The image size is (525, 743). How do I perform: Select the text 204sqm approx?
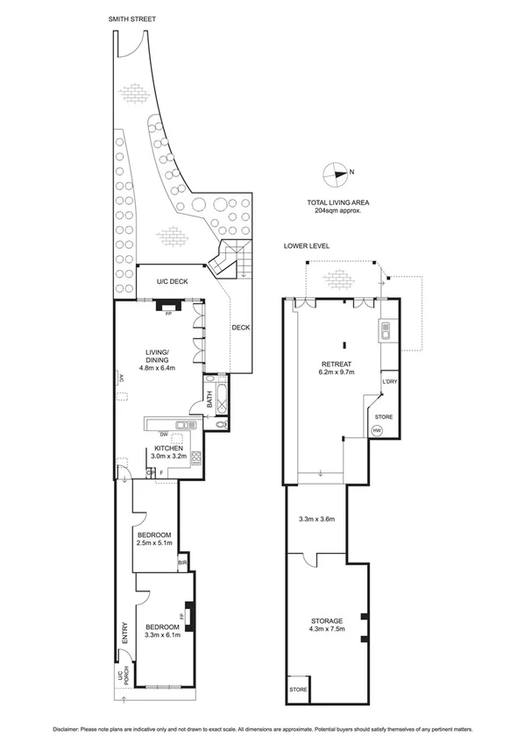click(x=337, y=211)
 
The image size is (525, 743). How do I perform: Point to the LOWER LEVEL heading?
click(x=306, y=246)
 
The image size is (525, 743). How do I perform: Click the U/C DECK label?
click(x=173, y=281)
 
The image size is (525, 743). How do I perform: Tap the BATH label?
click(x=209, y=400)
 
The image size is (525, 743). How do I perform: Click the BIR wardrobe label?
click(x=183, y=563)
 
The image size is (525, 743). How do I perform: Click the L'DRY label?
click(x=389, y=382)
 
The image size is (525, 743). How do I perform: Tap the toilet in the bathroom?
click(x=219, y=423)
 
